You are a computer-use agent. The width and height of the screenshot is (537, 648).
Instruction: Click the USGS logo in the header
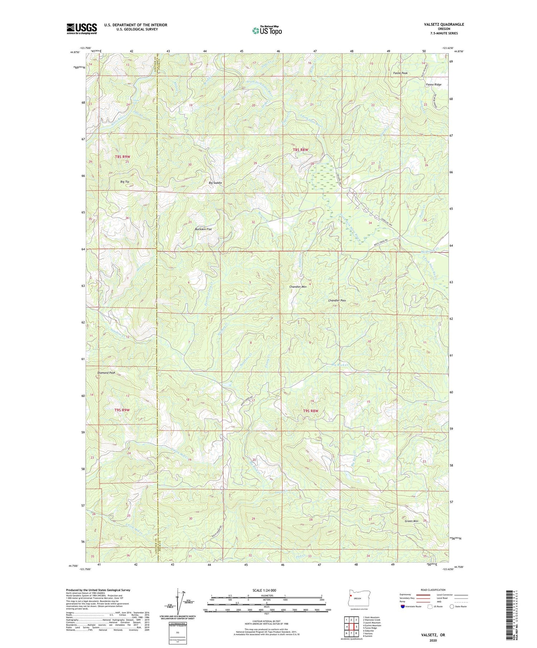pos(82,29)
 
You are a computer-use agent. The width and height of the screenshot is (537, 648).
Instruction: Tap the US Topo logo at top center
pos(267,30)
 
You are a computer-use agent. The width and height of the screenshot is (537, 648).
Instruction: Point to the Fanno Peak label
pos(400,73)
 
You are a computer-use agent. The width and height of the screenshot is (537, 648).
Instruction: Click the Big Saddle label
pos(215,183)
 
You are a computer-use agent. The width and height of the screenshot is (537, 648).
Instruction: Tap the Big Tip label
pos(125,182)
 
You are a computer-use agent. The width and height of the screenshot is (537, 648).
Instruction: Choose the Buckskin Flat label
pos(203,229)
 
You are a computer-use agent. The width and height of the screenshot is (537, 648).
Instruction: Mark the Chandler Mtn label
pos(298,287)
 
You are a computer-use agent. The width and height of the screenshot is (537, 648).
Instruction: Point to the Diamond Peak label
pos(106,373)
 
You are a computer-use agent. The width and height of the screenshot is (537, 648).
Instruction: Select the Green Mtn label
pos(411,521)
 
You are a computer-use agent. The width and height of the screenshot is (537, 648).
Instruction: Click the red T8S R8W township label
pos(300,150)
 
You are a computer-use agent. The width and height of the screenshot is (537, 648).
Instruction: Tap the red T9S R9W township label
pos(122,410)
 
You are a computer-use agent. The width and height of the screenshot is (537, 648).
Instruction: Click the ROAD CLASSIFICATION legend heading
pos(433,590)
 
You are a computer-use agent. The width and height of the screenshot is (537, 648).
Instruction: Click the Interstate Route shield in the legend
pos(403,606)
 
